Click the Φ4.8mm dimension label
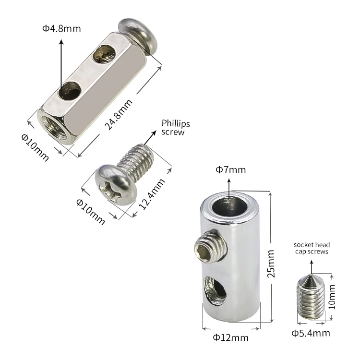click(61, 29)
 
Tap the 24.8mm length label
click(119, 115)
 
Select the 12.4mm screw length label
click(152, 194)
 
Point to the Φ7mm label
click(230, 170)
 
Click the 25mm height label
click(271, 264)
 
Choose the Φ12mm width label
click(230, 338)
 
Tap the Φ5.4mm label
click(311, 333)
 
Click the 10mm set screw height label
click(332, 297)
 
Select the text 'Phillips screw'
click(176, 128)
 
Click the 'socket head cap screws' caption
click(312, 248)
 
